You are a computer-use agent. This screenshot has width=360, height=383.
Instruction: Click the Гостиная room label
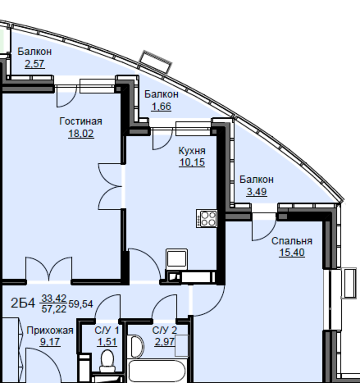pos(81,121)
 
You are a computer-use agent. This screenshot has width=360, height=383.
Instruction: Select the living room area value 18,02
pos(81,134)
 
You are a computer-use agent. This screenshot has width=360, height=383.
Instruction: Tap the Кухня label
pos(192,151)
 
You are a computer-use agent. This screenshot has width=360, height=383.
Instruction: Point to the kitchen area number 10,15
pos(192,162)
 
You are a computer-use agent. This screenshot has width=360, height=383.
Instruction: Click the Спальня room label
pos(292,241)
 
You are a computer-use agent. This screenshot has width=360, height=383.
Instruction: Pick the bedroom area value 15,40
pos(292,252)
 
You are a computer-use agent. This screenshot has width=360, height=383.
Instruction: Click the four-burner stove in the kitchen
pos(207,219)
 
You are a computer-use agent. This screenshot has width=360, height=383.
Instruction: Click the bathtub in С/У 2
pos(156,371)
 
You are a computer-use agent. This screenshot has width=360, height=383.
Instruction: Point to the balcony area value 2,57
pos(34,64)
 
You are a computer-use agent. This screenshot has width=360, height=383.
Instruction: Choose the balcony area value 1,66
pos(161,106)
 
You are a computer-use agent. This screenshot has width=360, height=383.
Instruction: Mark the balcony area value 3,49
pos(257,192)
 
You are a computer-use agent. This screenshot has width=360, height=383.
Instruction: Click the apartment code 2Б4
pos(23,303)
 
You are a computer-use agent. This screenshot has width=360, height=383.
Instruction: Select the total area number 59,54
pos(80,304)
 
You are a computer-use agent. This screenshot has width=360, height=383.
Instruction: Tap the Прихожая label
pos(50,331)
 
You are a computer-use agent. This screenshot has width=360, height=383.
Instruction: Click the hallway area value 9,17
pos(50,342)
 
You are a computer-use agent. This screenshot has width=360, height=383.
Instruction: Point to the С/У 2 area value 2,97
pos(164,342)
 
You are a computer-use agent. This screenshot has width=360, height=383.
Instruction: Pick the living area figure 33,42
pos(54,298)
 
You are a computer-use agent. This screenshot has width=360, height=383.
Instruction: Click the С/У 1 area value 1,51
pos(107,342)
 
